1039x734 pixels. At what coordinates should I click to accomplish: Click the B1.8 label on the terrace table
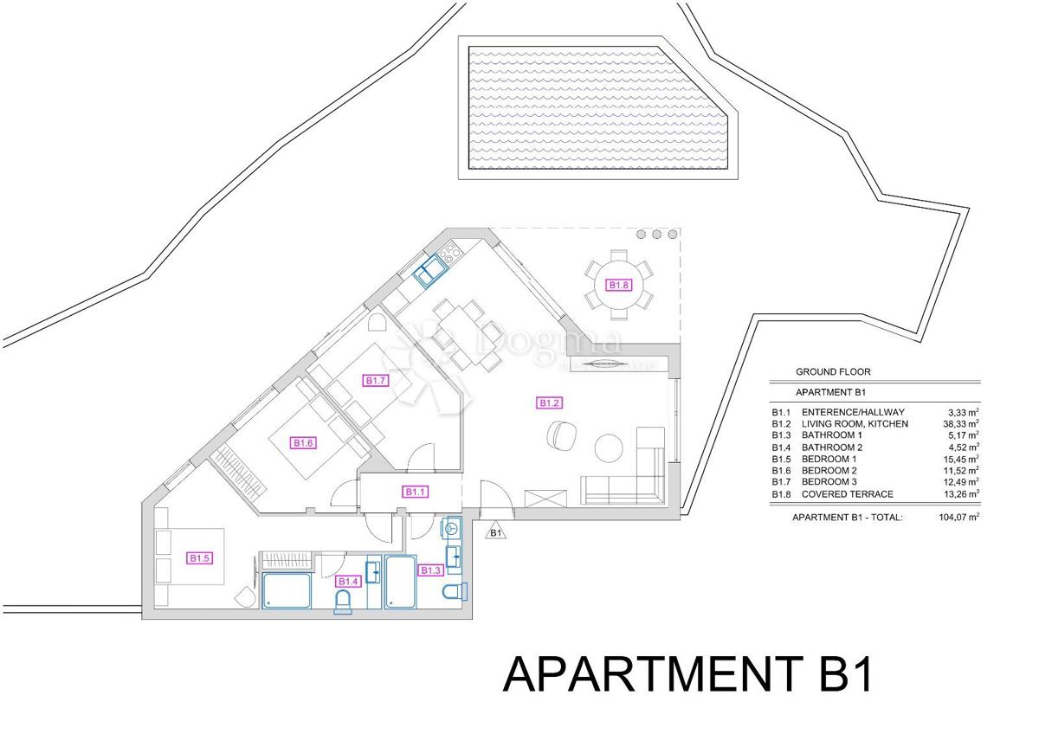coord(617,285)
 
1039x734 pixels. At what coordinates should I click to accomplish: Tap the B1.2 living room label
coord(550,402)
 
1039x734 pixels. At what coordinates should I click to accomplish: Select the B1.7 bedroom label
coord(375,380)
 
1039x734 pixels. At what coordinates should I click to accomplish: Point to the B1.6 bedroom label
coord(302,443)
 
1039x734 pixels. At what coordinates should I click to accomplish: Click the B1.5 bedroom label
coord(200,558)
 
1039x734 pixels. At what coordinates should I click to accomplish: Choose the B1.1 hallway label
coord(416,492)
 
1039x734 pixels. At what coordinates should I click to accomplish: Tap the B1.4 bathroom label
coord(348,581)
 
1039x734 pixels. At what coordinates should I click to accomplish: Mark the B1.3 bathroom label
coord(430,570)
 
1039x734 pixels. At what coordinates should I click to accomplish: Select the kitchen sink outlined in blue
coord(429,274)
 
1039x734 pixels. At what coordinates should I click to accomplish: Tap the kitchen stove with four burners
coord(450,254)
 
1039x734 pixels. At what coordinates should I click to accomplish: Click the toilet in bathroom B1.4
coord(345,602)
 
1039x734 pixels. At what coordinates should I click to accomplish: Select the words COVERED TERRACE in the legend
coord(847,494)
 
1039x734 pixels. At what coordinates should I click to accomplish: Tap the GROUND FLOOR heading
coord(833,372)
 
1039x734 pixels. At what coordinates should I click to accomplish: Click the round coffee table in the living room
coord(610,447)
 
